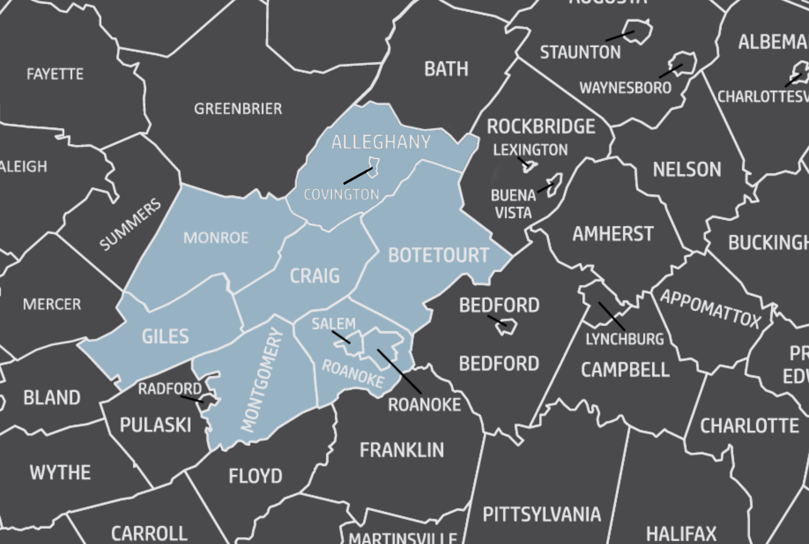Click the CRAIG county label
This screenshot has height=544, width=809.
pyautogui.click(x=315, y=276)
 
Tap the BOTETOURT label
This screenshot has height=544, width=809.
pyautogui.click(x=438, y=255)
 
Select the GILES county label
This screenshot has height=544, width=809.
pyautogui.click(x=165, y=337)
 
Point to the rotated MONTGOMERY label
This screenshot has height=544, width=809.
pyautogui.click(x=262, y=380)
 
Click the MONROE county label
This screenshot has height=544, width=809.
pyautogui.click(x=216, y=238)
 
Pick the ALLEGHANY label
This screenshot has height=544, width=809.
pyautogui.click(x=381, y=142)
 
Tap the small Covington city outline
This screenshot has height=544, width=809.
pyautogui.click(x=374, y=167)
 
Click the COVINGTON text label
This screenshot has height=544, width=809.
pyautogui.click(x=341, y=194)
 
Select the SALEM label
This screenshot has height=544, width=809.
pyautogui.click(x=334, y=324)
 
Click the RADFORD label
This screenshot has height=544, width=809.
pyautogui.click(x=170, y=389)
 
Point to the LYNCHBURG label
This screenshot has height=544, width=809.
pyautogui.click(x=624, y=339)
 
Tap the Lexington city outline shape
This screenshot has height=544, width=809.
pyautogui.click(x=530, y=166)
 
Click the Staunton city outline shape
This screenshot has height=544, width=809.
pyautogui.click(x=638, y=31)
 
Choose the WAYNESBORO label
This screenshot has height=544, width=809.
pyautogui.click(x=625, y=88)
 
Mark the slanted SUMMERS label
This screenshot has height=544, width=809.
pyautogui.click(x=130, y=224)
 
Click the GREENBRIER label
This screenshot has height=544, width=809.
pyautogui.click(x=238, y=109)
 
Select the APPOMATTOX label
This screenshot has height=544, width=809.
pyautogui.click(x=710, y=309)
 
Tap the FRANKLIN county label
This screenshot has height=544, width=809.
pyautogui.click(x=401, y=450)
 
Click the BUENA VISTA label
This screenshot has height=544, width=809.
pyautogui.click(x=513, y=204)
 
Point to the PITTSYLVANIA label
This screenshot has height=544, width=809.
pyautogui.click(x=542, y=514)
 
